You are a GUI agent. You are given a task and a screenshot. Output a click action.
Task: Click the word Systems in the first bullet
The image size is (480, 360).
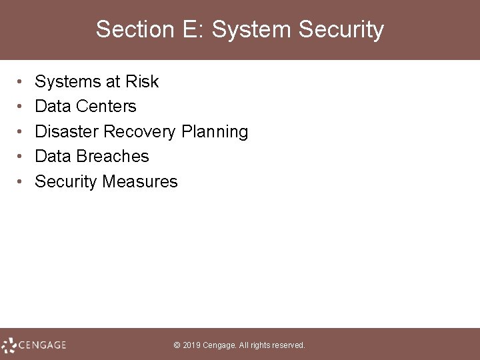[x=67, y=82]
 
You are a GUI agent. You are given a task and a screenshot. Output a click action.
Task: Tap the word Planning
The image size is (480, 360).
[x=214, y=132]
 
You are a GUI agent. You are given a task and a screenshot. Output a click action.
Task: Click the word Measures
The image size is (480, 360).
[x=140, y=181]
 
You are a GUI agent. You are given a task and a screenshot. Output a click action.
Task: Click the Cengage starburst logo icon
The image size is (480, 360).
[x=9, y=345]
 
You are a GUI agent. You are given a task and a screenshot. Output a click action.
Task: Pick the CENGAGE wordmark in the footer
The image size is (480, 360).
[x=43, y=345]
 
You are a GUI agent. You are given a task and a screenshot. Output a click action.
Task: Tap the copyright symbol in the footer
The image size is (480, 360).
[x=177, y=345]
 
